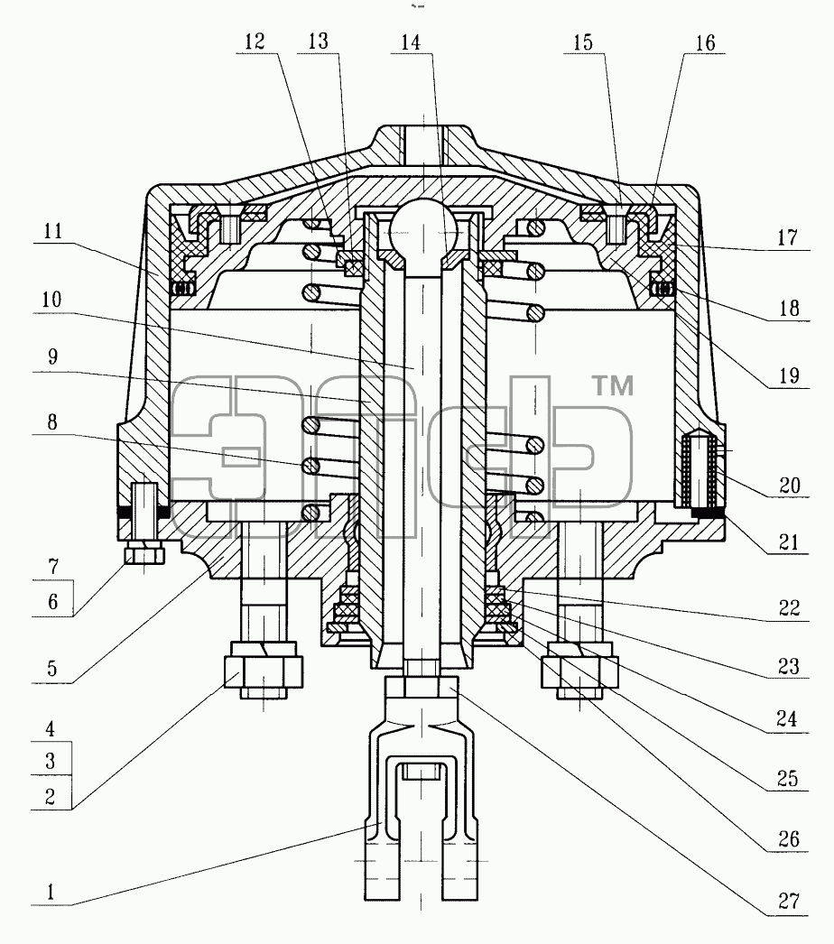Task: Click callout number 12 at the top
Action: pyautogui.click(x=255, y=42)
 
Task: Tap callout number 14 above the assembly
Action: pyautogui.click(x=411, y=42)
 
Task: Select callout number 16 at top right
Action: pyautogui.click(x=705, y=42)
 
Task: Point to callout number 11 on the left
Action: pyautogui.click(x=52, y=231)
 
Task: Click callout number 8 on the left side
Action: pyautogui.click(x=52, y=422)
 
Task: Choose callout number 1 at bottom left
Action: pyautogui.click(x=51, y=892)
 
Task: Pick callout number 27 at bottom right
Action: pyautogui.click(x=789, y=902)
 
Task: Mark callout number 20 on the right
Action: pyautogui.click(x=790, y=485)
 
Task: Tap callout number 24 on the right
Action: pyautogui.click(x=787, y=718)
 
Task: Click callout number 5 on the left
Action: pyautogui.click(x=52, y=668)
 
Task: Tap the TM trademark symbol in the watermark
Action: pyautogui.click(x=613, y=386)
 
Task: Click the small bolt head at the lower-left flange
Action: pyautogui.click(x=144, y=552)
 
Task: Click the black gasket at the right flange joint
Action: pyautogui.click(x=709, y=513)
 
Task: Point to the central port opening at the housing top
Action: pyautogui.click(x=422, y=143)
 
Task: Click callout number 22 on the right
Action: pyautogui.click(x=789, y=608)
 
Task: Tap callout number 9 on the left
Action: pyautogui.click(x=53, y=357)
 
